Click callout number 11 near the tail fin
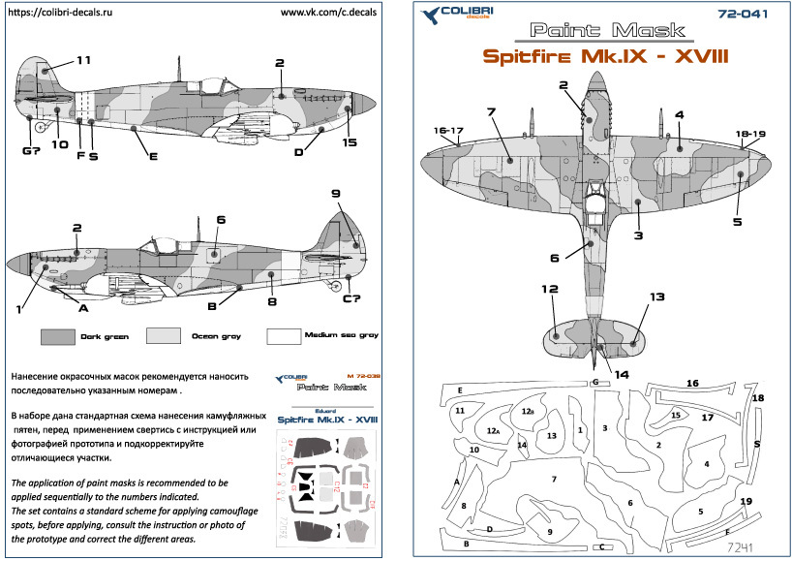[83, 60]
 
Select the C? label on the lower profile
[352, 297]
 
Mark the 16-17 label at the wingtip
[449, 129]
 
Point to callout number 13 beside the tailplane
[657, 296]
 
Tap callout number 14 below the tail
[620, 374]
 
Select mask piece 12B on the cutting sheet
[528, 412]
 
